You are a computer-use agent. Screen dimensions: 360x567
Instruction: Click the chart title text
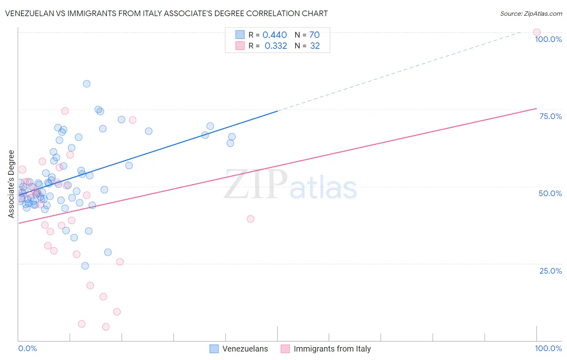pyautogui.click(x=166, y=13)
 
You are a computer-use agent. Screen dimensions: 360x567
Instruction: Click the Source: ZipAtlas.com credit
pyautogui.click(x=531, y=13)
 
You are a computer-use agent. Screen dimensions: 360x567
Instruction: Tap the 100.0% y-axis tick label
pyautogui.click(x=548, y=39)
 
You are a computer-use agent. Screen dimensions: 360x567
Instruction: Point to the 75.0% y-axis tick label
pyautogui.click(x=550, y=116)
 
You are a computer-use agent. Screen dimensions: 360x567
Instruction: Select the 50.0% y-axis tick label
pyautogui.click(x=550, y=193)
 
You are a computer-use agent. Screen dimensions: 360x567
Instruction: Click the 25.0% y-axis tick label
pyautogui.click(x=550, y=270)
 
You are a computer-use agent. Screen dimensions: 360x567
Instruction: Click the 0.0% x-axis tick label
pyautogui.click(x=27, y=348)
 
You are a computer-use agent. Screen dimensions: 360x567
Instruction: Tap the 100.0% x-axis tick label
pyautogui.click(x=548, y=348)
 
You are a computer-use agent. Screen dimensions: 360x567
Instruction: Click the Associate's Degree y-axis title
pyautogui.click(x=11, y=184)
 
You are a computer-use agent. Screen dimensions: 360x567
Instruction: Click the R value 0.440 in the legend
pyautogui.click(x=275, y=35)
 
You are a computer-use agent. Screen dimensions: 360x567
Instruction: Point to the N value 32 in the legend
pyautogui.click(x=315, y=46)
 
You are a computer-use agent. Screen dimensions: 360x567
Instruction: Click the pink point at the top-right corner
pyautogui.click(x=536, y=32)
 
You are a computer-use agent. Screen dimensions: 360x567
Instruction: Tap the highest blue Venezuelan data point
pyautogui.click(x=86, y=84)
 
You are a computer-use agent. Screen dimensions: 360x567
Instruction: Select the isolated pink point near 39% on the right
pyautogui.click(x=250, y=219)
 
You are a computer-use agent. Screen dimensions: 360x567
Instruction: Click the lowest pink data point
pyautogui.click(x=106, y=327)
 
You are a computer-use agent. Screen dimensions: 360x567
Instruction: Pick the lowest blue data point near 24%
pyautogui.click(x=85, y=266)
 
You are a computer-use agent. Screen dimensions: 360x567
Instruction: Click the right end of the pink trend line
pyautogui.click(x=536, y=108)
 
